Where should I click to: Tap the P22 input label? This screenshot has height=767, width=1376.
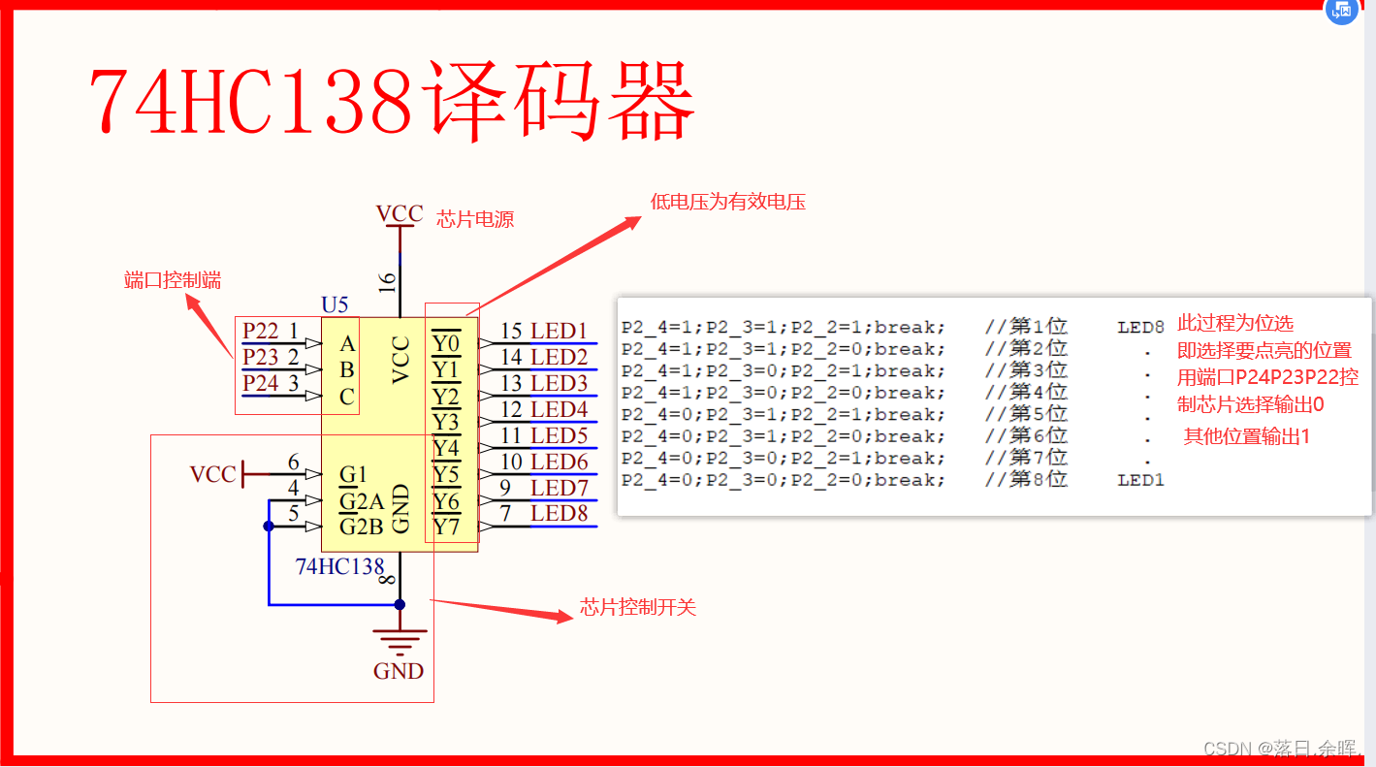(261, 331)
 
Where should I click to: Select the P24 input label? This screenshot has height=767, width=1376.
(261, 383)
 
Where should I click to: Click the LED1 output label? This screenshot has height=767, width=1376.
(559, 332)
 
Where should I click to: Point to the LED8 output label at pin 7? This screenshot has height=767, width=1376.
(559, 513)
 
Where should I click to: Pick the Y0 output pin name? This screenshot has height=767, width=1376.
(446, 343)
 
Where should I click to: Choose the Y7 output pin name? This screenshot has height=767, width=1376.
(446, 527)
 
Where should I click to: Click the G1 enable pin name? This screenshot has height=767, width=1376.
(353, 474)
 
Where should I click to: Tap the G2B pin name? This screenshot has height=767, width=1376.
(361, 527)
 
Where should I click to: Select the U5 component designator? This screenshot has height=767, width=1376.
(335, 305)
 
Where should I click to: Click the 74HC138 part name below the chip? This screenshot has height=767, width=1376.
(339, 566)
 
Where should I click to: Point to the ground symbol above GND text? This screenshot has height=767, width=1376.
(400, 641)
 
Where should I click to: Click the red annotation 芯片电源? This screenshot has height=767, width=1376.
(475, 220)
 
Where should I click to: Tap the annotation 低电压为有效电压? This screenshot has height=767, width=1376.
(728, 202)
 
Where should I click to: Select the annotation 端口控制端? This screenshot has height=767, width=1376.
(173, 280)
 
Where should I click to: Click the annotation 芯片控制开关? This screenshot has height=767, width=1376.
(638, 608)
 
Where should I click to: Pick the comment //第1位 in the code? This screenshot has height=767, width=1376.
(1026, 327)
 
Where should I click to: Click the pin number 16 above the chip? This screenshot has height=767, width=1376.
(387, 281)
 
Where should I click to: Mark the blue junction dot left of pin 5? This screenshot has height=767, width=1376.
(269, 526)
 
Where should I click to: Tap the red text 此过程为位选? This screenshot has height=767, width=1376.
(1234, 323)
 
